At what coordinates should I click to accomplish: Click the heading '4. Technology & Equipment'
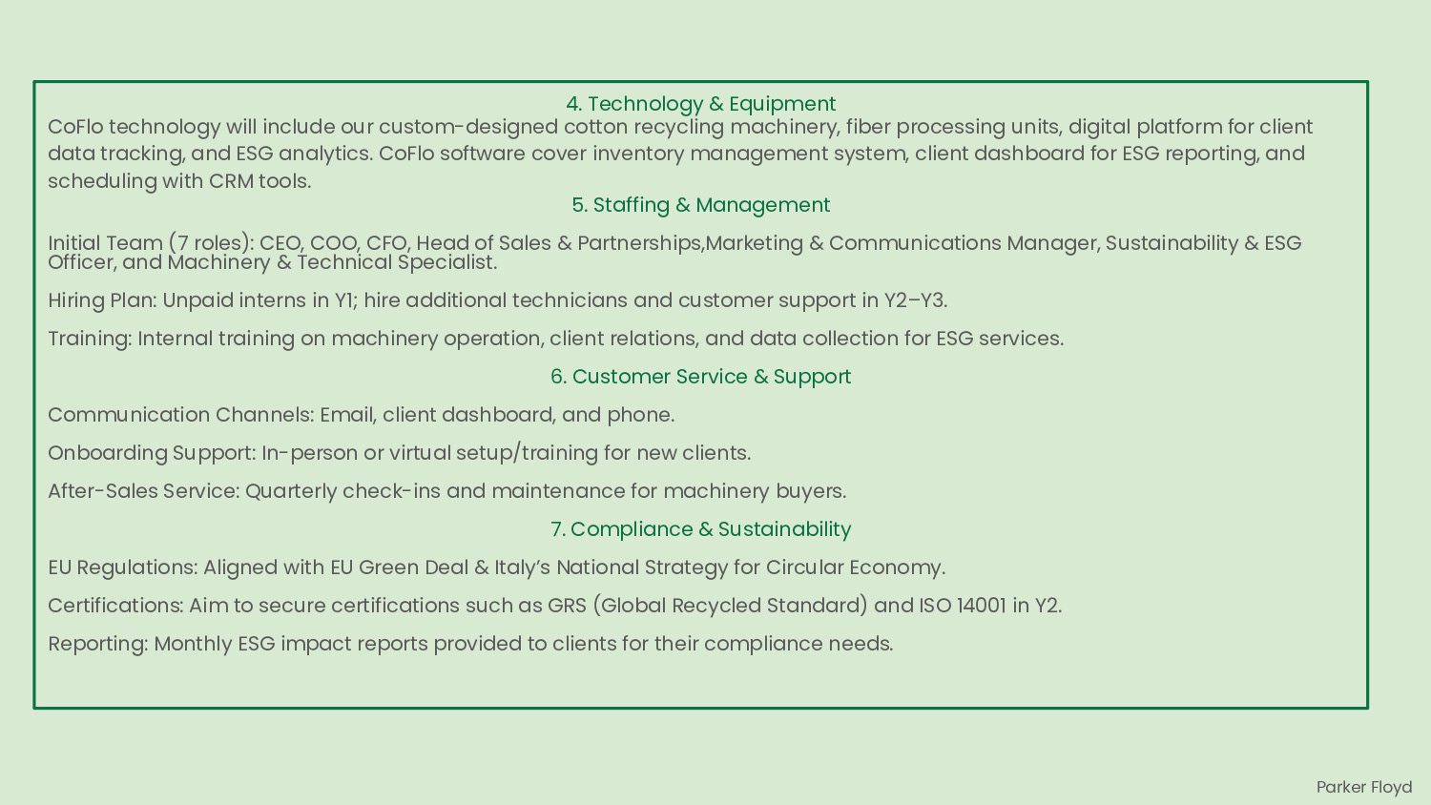[700, 104]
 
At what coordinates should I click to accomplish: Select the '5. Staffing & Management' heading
[700, 205]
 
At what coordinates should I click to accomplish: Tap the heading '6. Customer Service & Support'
[700, 377]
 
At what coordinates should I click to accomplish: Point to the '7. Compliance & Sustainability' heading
[700, 529]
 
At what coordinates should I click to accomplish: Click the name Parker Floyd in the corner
[1363, 787]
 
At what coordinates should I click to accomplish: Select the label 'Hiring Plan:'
[102, 300]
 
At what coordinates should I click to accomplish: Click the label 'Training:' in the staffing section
[90, 339]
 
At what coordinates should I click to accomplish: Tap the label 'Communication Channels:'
[180, 415]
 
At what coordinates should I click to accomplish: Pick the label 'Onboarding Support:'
[152, 453]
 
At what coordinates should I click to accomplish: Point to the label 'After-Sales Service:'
[144, 491]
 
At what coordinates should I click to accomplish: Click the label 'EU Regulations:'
[123, 568]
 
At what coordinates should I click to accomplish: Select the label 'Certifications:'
[115, 606]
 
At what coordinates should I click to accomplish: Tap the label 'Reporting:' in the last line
[98, 644]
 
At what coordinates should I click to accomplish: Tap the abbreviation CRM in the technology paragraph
[231, 181]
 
